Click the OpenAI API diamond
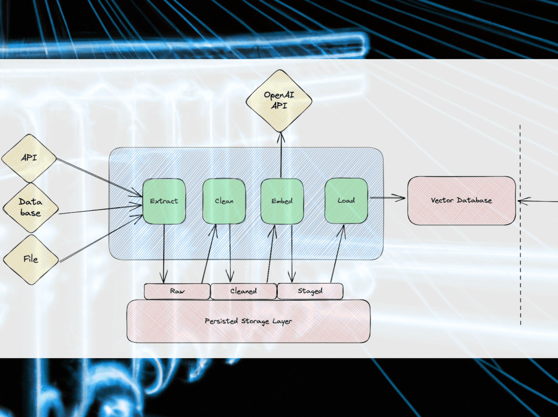tap(279, 100)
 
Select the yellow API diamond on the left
tap(29, 158)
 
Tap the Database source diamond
tap(31, 207)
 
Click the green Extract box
tap(164, 201)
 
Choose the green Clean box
tap(224, 201)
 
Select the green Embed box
tap(282, 201)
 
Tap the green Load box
tap(346, 201)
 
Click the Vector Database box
tap(461, 201)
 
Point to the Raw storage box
tap(177, 291)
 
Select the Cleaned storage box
tap(243, 291)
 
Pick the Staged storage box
tap(310, 291)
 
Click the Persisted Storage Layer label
tap(248, 321)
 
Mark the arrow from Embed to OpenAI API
tap(281, 156)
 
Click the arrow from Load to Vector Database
tap(387, 198)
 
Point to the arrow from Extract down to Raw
tap(164, 254)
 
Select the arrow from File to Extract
tap(101, 239)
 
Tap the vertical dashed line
tap(520, 246)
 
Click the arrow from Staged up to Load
tap(337, 254)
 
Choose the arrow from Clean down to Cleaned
tap(230, 254)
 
